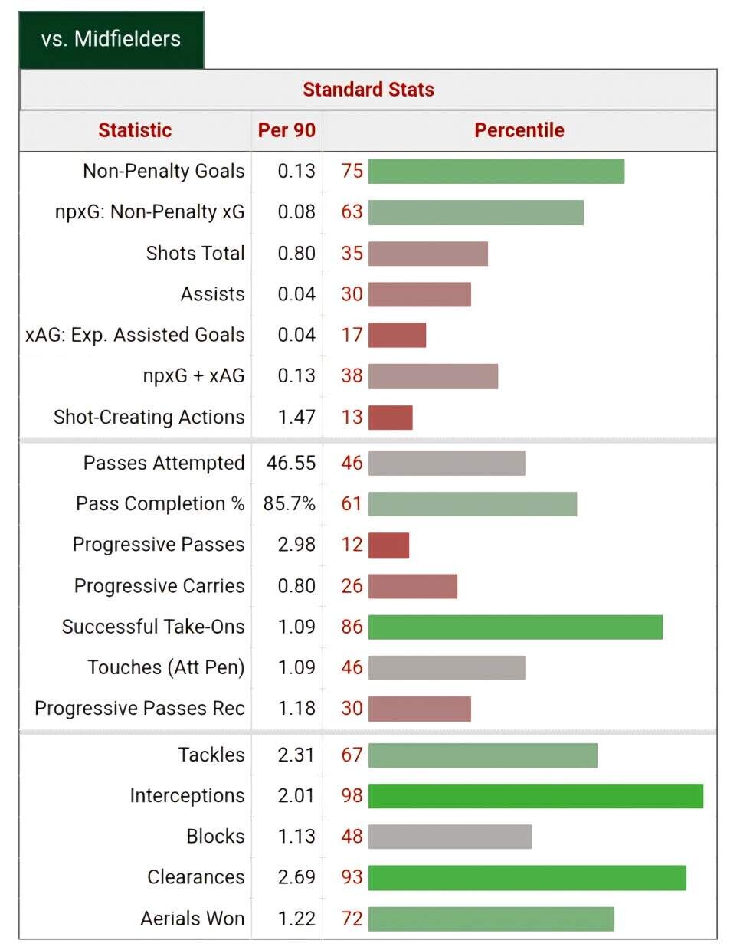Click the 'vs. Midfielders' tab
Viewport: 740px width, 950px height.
point(111,39)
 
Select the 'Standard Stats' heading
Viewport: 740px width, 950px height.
point(368,90)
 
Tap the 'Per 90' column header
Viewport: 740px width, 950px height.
point(287,130)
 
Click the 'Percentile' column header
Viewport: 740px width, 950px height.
point(519,130)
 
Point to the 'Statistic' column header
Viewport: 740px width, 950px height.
point(135,130)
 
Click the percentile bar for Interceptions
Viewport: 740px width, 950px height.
point(535,796)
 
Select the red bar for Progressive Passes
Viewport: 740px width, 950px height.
point(388,545)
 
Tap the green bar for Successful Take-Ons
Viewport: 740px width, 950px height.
point(515,627)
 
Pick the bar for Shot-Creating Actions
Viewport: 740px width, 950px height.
point(390,418)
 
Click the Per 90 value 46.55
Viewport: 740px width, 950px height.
point(291,463)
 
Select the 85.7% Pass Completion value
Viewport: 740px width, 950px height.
point(290,504)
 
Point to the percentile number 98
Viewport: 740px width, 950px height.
point(352,796)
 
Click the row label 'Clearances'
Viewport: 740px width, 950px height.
point(195,877)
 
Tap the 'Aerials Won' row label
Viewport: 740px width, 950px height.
point(192,919)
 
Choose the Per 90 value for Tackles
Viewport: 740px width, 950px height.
point(296,755)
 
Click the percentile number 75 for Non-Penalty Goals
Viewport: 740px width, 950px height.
point(352,171)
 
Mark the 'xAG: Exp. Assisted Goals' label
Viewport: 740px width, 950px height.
point(135,335)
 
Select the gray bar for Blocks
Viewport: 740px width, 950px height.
point(450,837)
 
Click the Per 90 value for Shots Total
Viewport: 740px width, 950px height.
point(296,254)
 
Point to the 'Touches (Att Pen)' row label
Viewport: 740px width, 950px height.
point(165,668)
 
